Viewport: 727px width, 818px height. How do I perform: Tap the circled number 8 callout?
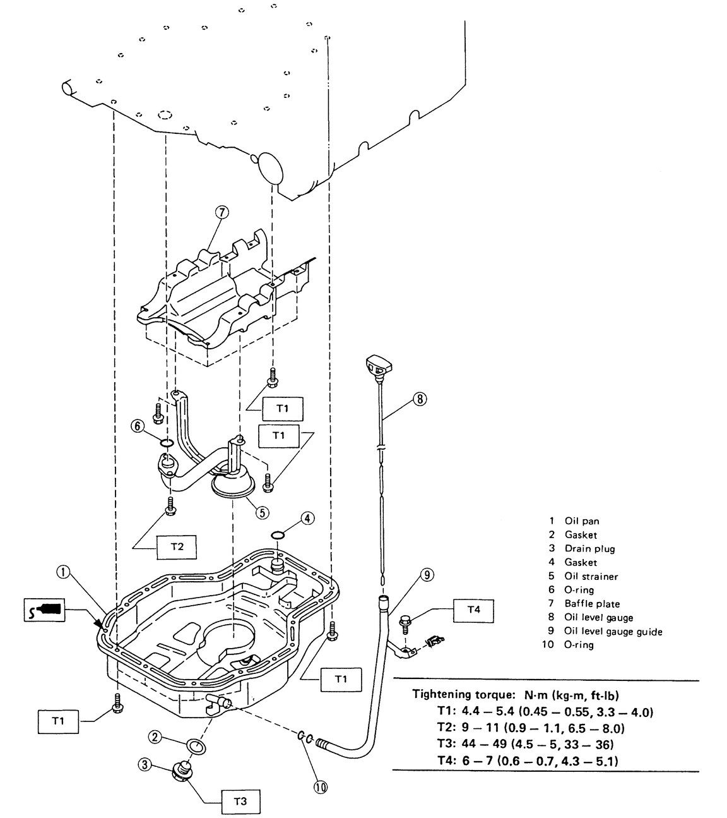pyautogui.click(x=420, y=399)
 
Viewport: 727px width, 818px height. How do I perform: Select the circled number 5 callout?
pyautogui.click(x=263, y=512)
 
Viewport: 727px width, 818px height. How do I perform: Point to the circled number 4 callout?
pyautogui.click(x=307, y=519)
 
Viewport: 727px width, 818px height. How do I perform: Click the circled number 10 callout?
pyautogui.click(x=320, y=787)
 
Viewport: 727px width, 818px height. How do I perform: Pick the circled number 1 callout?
pyautogui.click(x=62, y=572)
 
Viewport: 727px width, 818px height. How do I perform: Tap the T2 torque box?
pyautogui.click(x=177, y=546)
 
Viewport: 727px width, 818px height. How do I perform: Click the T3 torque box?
pyautogui.click(x=240, y=802)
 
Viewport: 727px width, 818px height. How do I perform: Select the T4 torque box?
pyautogui.click(x=473, y=610)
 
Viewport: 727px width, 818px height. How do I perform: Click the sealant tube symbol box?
pyautogui.click(x=45, y=610)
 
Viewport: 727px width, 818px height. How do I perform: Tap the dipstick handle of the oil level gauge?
pyautogui.click(x=378, y=365)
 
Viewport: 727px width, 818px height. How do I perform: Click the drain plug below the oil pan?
pyautogui.click(x=182, y=769)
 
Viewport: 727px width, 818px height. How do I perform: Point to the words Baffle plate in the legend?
pyautogui.click(x=592, y=604)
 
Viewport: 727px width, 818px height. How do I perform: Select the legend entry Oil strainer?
pyautogui.click(x=591, y=576)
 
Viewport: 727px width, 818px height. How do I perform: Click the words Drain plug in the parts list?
pyautogui.click(x=589, y=548)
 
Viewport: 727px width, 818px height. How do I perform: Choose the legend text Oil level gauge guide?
pyautogui.click(x=613, y=631)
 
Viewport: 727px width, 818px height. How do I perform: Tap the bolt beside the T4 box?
pyautogui.click(x=406, y=623)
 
